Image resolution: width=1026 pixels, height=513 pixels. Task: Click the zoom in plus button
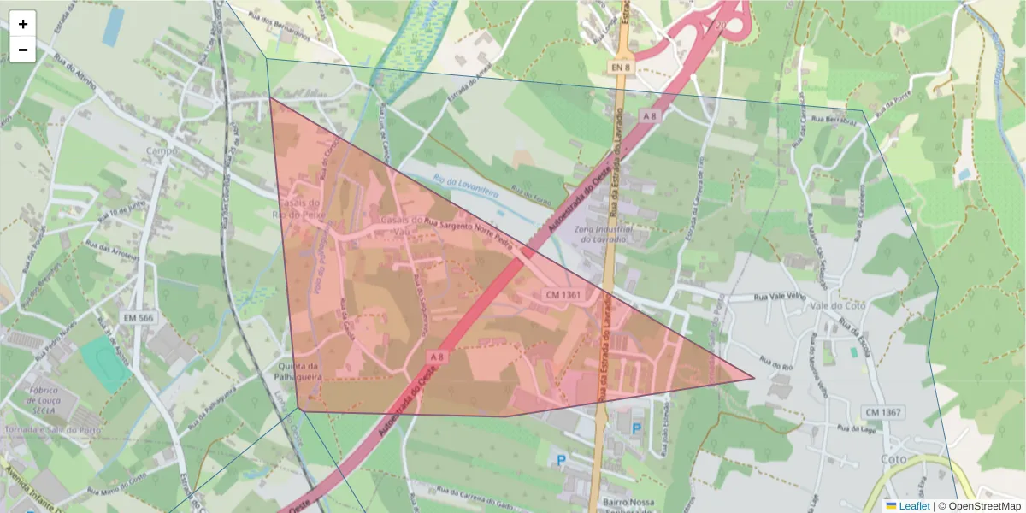23,24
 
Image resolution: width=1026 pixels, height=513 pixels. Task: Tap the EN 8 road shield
622,67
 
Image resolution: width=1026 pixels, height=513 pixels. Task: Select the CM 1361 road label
562,295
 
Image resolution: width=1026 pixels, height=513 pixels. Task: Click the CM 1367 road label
882,412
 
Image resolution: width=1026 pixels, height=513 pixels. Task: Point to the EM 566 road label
138,318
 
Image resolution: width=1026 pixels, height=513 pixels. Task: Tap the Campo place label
161,151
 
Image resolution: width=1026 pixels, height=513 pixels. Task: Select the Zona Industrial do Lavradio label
603,234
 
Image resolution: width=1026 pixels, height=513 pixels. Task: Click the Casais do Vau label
396,225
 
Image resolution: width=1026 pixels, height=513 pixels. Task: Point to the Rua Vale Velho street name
781,297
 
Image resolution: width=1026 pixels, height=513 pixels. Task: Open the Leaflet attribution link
913,506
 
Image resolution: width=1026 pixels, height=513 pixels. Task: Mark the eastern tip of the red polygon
753,378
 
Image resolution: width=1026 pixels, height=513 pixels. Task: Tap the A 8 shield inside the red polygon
437,356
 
